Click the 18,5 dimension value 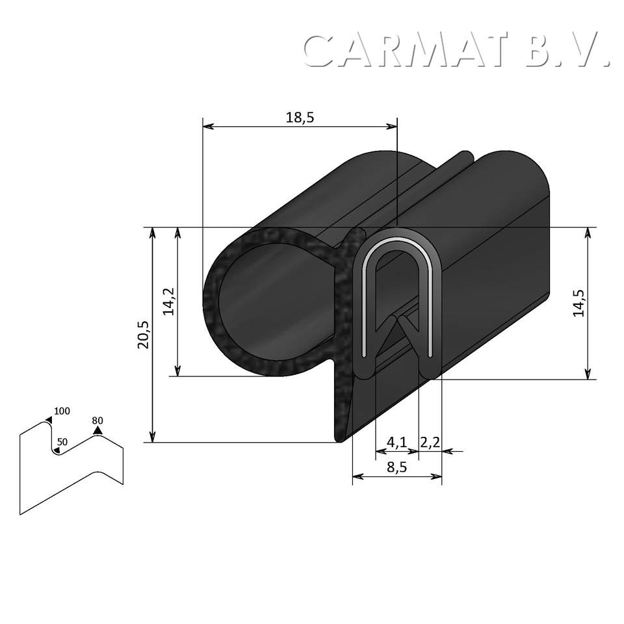tap(300, 117)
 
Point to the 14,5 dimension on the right tap(578, 302)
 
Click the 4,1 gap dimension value tap(396, 443)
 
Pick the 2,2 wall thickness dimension tap(430, 443)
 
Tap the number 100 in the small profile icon tap(62, 411)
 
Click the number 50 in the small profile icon tap(62, 442)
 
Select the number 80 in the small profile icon tap(97, 420)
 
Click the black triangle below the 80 tap(97, 430)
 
